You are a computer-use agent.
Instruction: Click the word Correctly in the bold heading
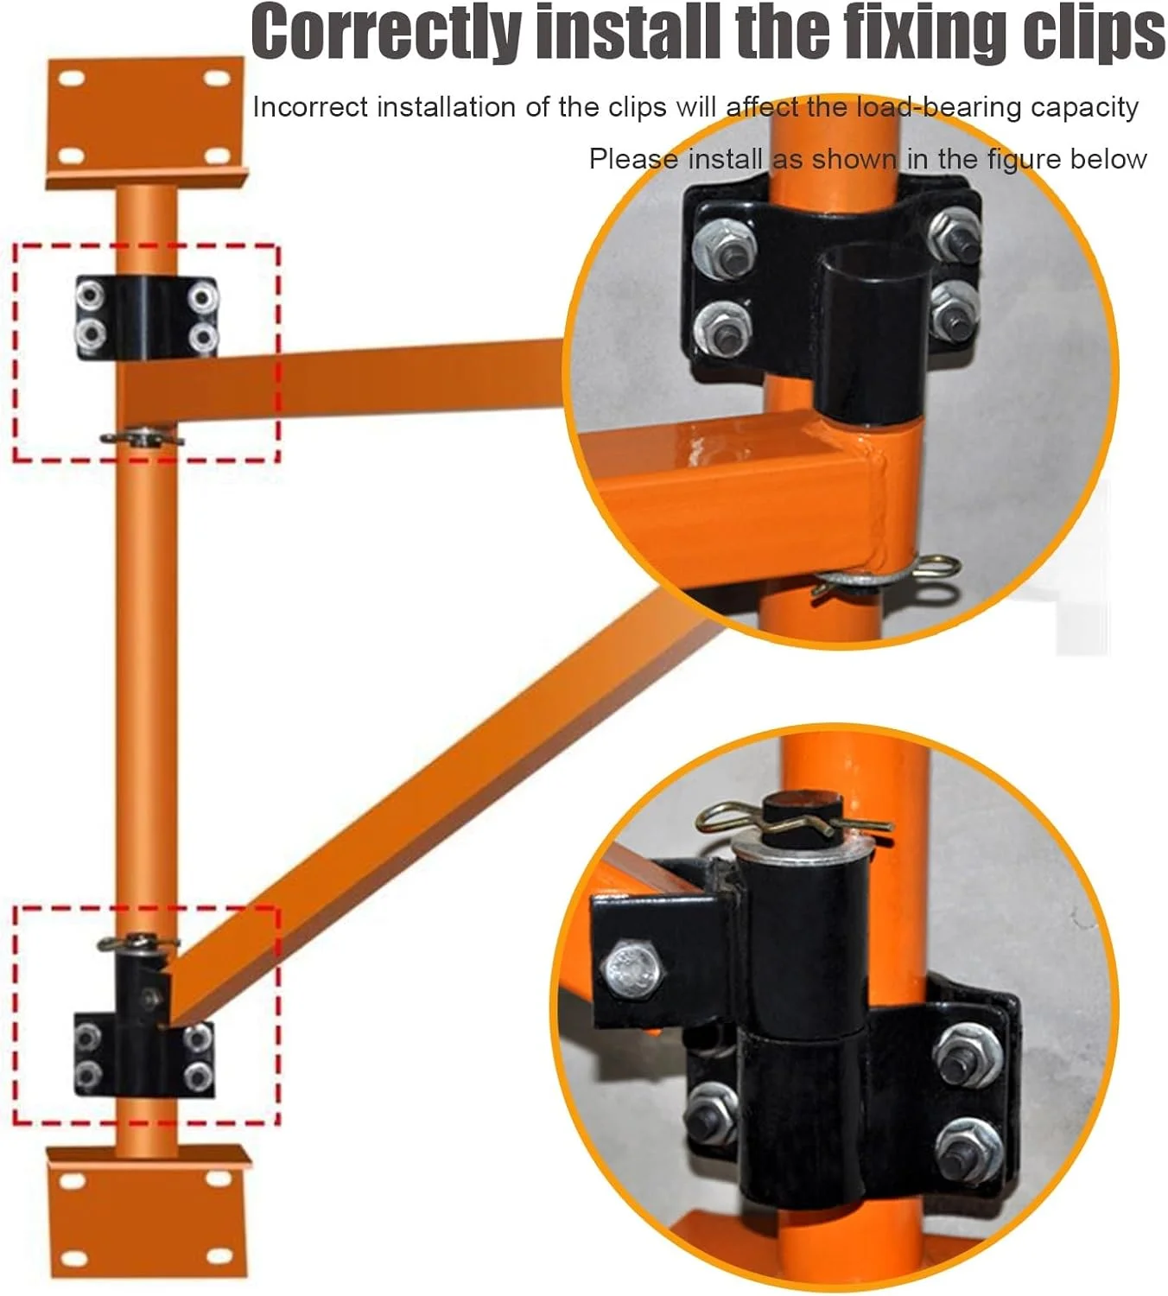386,31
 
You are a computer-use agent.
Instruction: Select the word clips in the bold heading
1093,32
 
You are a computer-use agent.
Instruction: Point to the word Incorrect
309,107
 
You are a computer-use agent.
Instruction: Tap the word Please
633,159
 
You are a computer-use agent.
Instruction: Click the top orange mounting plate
146,122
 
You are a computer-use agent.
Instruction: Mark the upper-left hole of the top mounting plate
72,79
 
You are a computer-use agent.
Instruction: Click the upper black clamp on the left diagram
147,318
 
